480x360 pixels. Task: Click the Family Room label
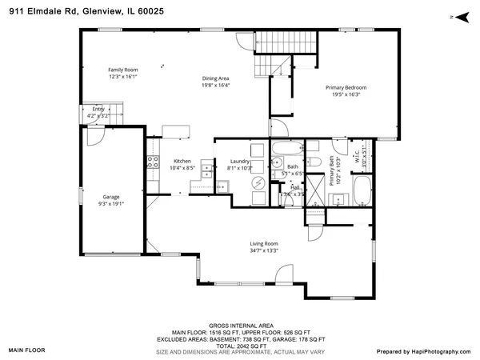123,70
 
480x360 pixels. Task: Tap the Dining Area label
215,78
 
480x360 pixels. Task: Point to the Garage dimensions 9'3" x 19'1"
111,203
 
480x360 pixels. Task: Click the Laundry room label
240,162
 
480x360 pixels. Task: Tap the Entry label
98,109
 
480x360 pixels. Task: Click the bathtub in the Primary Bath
362,192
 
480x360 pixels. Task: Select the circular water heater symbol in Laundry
259,182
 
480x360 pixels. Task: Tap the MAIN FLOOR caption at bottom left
27,350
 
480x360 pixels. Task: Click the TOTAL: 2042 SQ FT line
240,345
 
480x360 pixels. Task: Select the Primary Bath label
333,170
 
